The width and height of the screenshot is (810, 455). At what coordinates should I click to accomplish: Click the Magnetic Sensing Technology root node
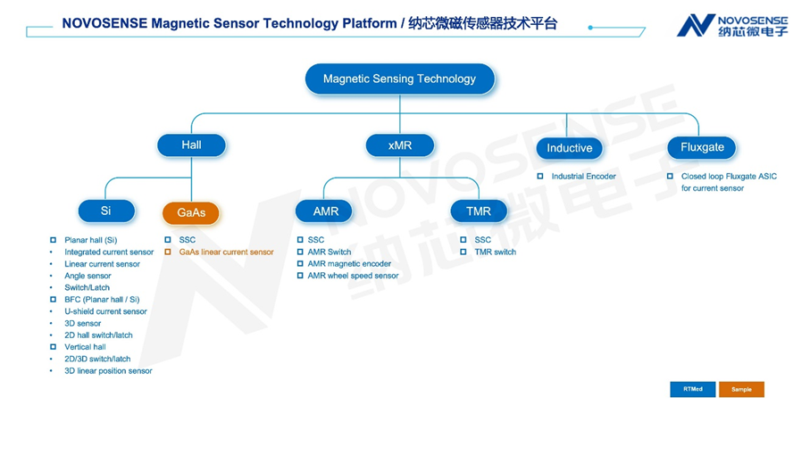pos(400,79)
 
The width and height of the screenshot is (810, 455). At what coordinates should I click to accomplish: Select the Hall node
pos(191,145)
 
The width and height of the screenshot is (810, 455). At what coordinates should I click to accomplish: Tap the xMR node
pos(400,145)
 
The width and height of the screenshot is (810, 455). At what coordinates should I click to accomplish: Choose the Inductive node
pos(569,148)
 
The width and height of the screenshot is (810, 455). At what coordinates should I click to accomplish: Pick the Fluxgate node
pos(702,147)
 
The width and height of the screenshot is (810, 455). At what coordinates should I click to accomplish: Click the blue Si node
pos(106,211)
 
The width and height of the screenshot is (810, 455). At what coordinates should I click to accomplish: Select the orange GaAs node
pos(191,212)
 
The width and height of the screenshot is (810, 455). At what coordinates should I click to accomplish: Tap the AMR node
pos(324,211)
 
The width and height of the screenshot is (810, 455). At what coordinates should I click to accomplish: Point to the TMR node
pos(479,211)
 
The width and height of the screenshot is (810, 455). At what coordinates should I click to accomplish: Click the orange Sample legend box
pos(741,390)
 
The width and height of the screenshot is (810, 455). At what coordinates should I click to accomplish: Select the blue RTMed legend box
pos(693,390)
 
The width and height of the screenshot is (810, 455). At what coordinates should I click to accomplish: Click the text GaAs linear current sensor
pos(226,252)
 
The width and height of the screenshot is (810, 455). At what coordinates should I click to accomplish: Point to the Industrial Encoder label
pos(584,177)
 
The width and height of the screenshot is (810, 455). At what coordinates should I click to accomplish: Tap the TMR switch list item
pos(496,252)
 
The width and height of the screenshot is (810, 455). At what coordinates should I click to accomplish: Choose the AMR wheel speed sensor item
pos(354,276)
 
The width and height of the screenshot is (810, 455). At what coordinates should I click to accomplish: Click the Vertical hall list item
pos(85,347)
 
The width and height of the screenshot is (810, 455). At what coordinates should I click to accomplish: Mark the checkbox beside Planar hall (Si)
pos(54,240)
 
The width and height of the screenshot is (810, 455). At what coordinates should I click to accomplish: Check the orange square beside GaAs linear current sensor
pos(168,252)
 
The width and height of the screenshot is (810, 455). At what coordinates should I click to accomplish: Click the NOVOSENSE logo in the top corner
pos(732,25)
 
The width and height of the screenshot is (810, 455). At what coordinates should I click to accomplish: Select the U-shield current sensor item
pos(106,311)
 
